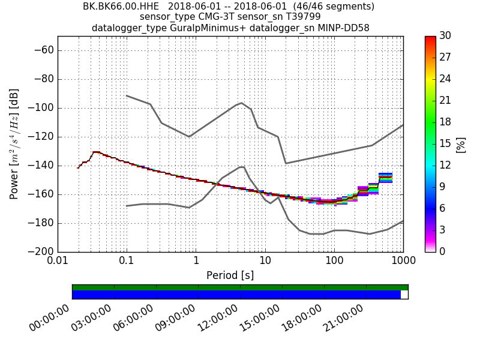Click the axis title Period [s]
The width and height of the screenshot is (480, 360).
pyautogui.click(x=230, y=275)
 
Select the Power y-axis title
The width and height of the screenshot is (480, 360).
pyautogui.click(x=14, y=144)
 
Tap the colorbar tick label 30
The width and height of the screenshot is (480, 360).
pyautogui.click(x=446, y=36)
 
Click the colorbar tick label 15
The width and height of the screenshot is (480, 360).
pyautogui.click(x=446, y=143)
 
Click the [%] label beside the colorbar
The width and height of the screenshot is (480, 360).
pyautogui.click(x=461, y=144)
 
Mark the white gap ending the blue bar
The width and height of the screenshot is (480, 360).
pyautogui.click(x=404, y=295)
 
